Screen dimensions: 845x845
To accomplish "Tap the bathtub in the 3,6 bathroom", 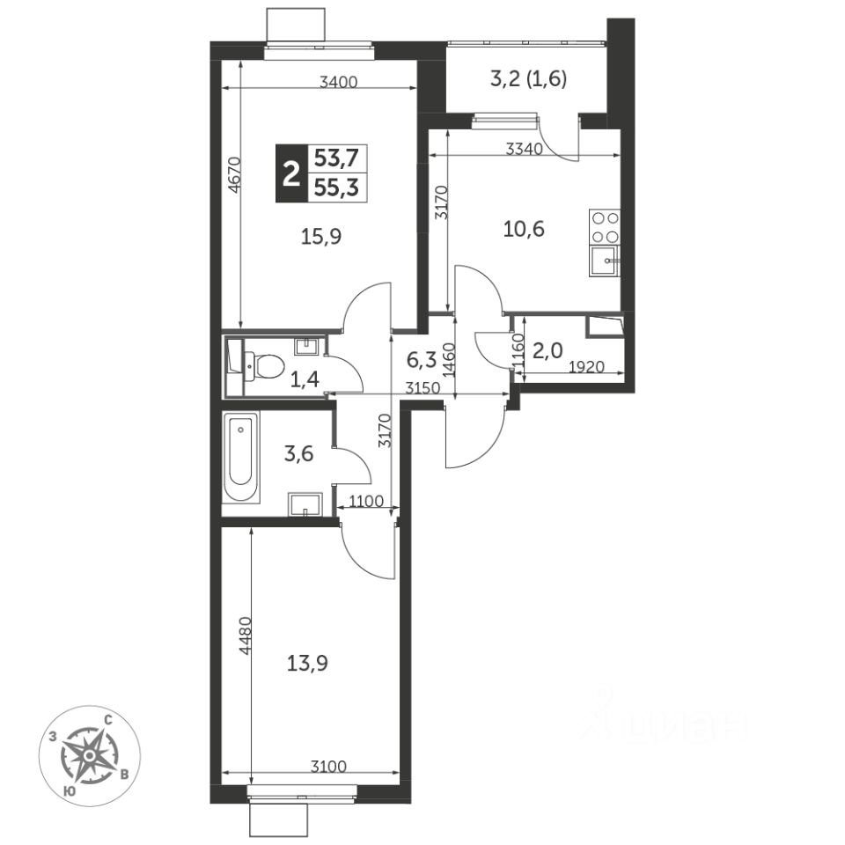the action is (x=240, y=457).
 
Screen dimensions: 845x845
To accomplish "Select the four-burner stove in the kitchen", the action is (x=605, y=227).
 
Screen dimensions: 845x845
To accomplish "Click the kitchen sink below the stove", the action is (x=605, y=261).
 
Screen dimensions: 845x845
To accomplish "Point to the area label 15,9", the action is (x=321, y=237).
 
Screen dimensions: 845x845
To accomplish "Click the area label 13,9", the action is (x=307, y=664).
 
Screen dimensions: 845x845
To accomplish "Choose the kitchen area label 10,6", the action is (x=524, y=230).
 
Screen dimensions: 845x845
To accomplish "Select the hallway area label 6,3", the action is (x=421, y=360).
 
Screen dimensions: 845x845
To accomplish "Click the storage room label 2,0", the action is (x=547, y=351).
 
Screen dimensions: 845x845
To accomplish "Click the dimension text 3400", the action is (x=338, y=83).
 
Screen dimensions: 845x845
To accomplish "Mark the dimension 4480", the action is (x=246, y=636).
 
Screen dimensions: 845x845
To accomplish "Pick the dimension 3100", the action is (x=328, y=766).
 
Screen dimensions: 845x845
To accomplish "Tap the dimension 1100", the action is (x=366, y=502).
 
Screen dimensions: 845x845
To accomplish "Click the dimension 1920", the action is (x=587, y=367).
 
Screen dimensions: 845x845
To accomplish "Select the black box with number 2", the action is (x=291, y=173).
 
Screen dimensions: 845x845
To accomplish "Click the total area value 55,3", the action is (x=337, y=188).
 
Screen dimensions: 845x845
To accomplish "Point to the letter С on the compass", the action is (x=107, y=719).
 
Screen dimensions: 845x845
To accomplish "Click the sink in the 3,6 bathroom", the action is (x=305, y=504).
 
